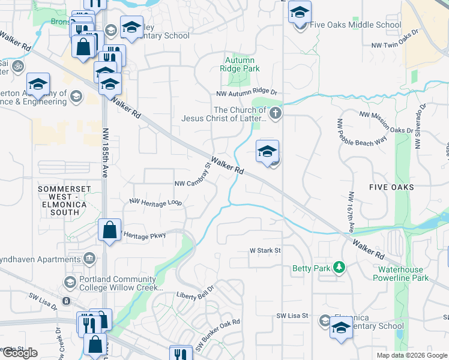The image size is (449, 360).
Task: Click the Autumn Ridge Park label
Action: click(240, 64)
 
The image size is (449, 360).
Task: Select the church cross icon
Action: click(275, 113)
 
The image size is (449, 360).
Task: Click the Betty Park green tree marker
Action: click(339, 266)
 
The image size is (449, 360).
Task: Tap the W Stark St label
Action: click(266, 250)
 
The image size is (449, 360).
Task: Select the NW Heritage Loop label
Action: click(155, 203)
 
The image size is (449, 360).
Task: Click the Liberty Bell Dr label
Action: click(195, 296)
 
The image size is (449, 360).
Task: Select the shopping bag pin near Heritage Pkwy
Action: click(109, 230)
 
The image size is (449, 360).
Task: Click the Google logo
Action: click(20, 353)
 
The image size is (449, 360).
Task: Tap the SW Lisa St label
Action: click(292, 316)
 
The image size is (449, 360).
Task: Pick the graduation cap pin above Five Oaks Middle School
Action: click(299, 11)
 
